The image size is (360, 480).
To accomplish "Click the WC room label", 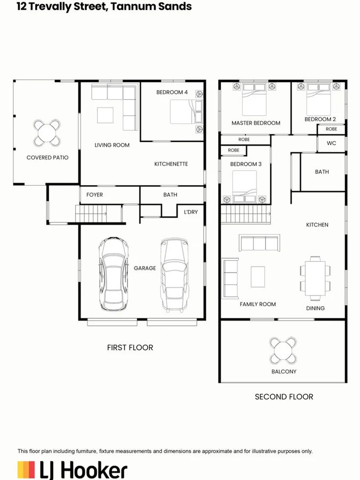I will (331, 143).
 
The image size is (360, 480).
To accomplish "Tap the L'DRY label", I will (190, 212).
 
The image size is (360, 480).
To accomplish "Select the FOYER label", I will (94, 195).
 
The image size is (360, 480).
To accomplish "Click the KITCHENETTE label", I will (171, 164).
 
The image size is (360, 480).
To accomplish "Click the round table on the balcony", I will (283, 350).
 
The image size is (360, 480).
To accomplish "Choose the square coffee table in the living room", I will (105, 116).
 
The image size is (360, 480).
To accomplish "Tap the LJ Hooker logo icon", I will (27, 470).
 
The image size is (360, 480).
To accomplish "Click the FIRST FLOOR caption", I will (130, 347).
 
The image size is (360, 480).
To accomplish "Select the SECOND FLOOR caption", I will (284, 396).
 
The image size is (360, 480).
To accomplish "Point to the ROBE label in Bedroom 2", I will (331, 129).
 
